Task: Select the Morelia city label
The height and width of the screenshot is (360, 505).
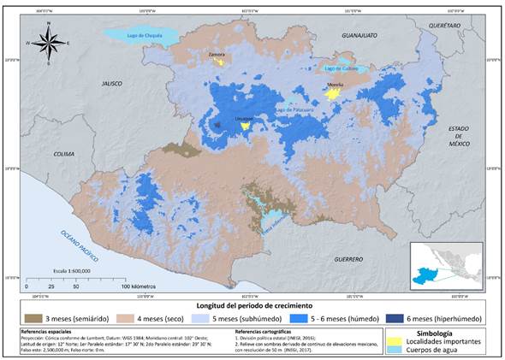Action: point(336,86)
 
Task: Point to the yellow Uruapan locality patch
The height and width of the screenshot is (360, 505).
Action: point(246,126)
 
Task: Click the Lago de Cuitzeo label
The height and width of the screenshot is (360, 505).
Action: point(341,68)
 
